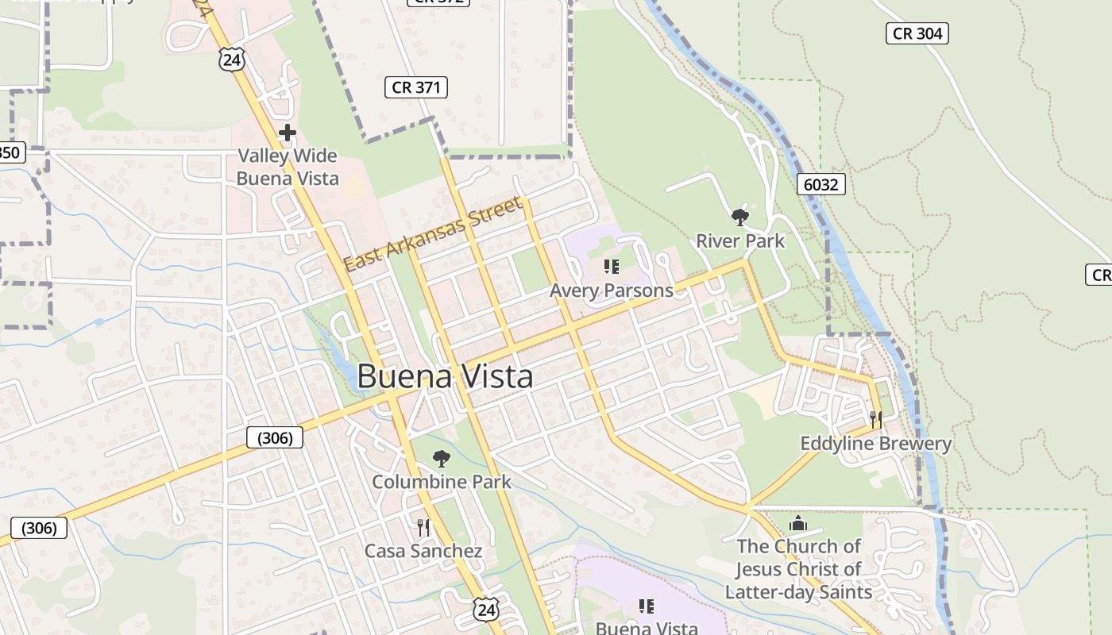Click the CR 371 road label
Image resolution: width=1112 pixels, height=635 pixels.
click(x=416, y=87)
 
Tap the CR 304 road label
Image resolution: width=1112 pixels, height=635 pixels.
click(x=917, y=33)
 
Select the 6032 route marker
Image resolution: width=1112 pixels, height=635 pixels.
click(x=820, y=185)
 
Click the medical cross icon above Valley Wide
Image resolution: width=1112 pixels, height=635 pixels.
click(x=288, y=133)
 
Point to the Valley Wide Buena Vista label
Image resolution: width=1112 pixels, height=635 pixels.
click(x=288, y=167)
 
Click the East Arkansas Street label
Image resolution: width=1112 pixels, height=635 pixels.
click(x=433, y=234)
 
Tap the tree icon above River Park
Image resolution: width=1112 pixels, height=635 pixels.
click(x=740, y=216)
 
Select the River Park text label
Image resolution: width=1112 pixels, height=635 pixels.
click(x=740, y=241)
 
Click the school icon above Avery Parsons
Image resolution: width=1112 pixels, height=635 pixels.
click(x=611, y=266)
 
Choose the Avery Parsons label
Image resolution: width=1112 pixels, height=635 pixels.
click(x=611, y=291)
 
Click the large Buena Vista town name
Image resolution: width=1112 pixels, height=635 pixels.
click(x=445, y=376)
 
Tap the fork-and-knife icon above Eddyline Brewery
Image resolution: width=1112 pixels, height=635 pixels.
click(x=876, y=419)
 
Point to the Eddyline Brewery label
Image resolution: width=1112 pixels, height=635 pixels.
click(x=875, y=443)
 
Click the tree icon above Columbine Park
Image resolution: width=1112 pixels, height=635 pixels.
click(x=441, y=458)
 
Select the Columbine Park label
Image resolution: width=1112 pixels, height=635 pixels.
click(x=442, y=482)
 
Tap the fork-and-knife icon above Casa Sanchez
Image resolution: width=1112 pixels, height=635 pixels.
click(x=423, y=527)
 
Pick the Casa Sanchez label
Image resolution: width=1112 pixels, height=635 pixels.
click(x=423, y=551)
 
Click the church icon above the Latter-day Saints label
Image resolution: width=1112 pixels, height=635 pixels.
click(x=798, y=523)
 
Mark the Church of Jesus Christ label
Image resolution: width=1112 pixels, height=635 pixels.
click(x=798, y=569)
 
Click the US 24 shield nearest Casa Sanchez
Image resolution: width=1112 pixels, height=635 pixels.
click(x=486, y=609)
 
